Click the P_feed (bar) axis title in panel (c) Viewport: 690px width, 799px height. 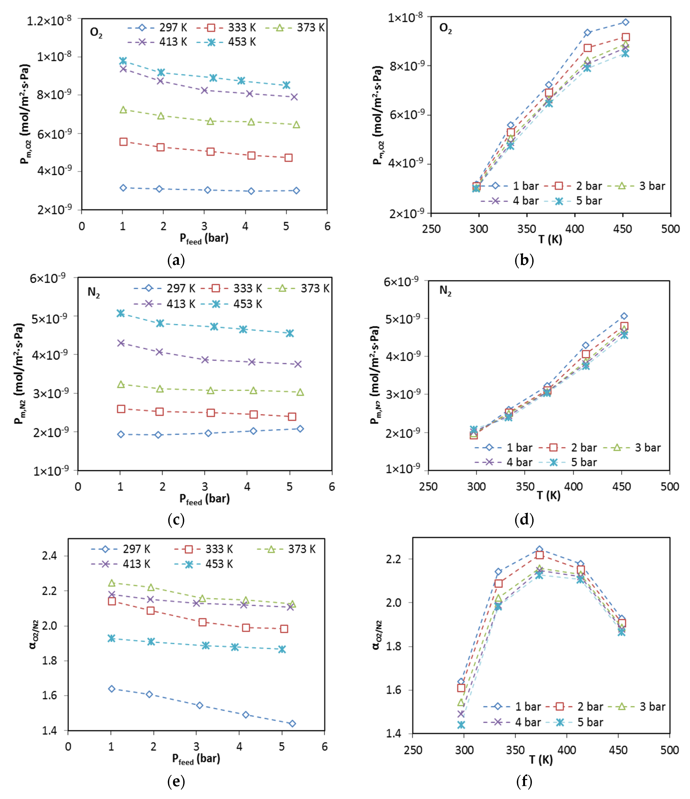click(205, 499)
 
